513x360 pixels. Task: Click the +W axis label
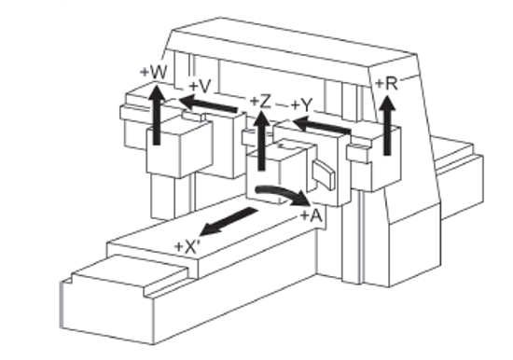pos(153,71)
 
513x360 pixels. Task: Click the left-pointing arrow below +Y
pos(318,124)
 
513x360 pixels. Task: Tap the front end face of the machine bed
pos(103,304)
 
